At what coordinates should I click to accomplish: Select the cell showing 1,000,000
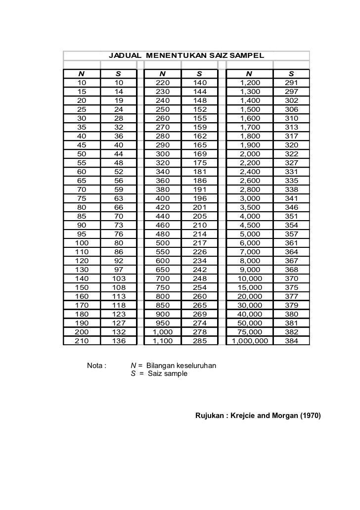coord(250,341)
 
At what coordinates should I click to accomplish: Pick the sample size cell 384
coord(292,341)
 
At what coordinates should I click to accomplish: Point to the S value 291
coord(292,83)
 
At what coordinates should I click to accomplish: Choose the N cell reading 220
coord(163,83)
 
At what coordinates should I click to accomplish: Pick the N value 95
coord(82,234)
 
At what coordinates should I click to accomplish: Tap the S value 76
coord(119,234)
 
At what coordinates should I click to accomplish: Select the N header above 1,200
coord(249,74)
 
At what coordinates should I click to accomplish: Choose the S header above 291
coord(292,74)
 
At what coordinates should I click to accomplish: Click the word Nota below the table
coord(96,366)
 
